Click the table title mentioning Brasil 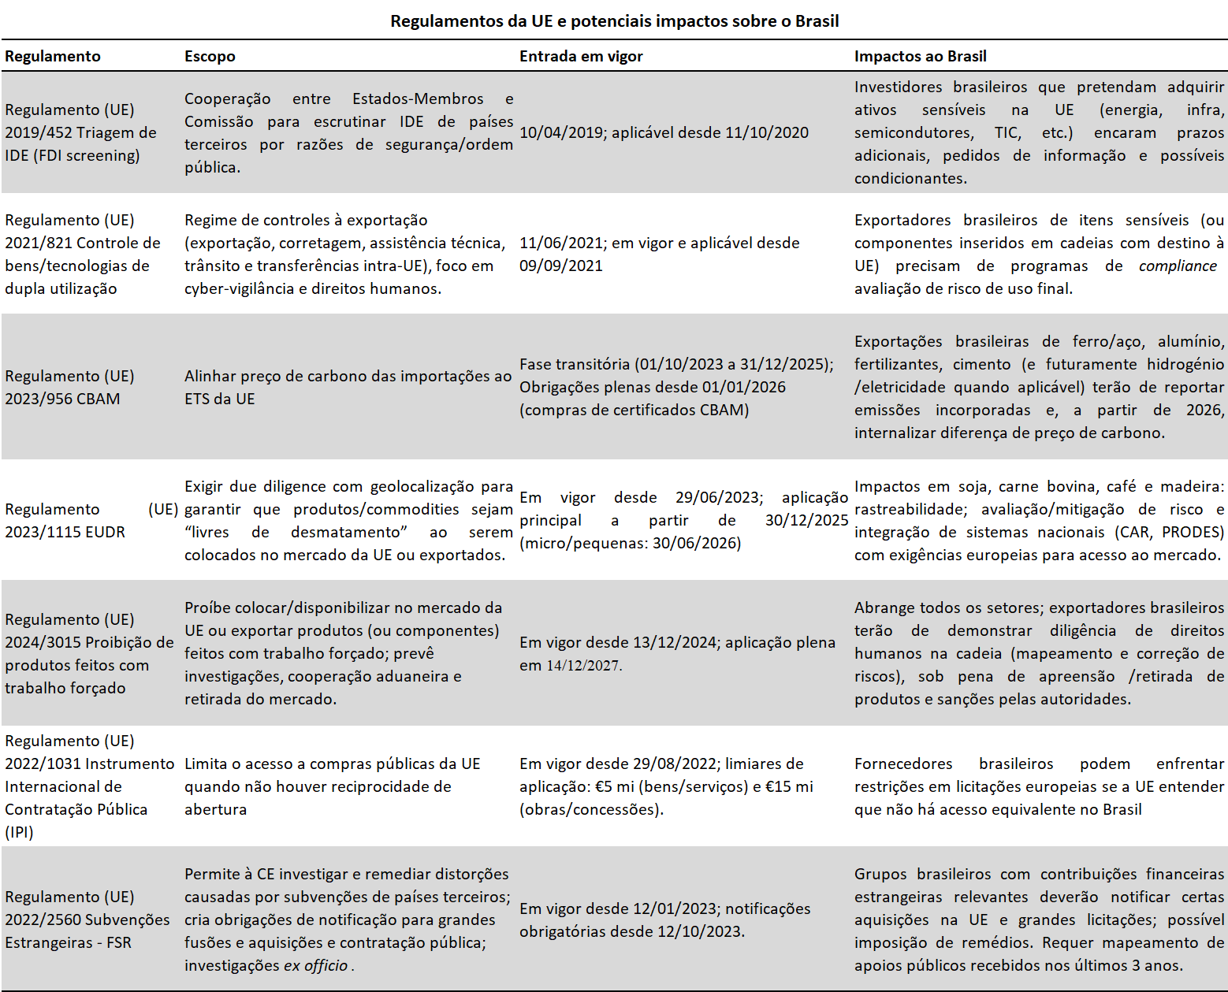point(614,21)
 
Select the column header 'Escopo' point(210,57)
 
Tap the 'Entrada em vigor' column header point(581,57)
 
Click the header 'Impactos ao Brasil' point(920,57)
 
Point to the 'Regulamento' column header point(53,57)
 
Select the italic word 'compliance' point(1178,266)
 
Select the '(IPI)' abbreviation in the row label point(20,833)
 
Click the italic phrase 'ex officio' point(315,966)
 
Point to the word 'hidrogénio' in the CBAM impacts point(1185,365)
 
